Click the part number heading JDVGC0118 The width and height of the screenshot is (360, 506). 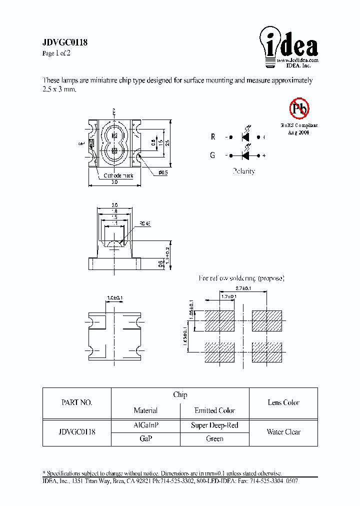(x=65, y=43)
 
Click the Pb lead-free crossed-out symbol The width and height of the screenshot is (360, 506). (x=299, y=107)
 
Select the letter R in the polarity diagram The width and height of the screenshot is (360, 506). (x=212, y=137)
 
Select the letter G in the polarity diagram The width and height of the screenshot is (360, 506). (x=212, y=155)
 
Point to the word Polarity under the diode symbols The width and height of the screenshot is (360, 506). (x=243, y=171)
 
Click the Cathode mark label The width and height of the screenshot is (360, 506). (x=118, y=176)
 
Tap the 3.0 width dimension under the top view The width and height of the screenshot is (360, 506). (x=114, y=183)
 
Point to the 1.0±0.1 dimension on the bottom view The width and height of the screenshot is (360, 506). (x=114, y=298)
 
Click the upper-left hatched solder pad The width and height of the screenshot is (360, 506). (x=219, y=320)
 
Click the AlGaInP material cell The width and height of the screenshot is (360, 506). (x=145, y=425)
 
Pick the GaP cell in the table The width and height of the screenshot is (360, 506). (x=145, y=438)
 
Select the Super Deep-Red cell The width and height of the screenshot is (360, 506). (x=214, y=425)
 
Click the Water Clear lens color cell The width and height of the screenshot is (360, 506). (x=283, y=432)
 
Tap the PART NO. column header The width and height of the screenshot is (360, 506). (x=76, y=402)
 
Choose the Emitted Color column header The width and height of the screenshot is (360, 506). (x=214, y=410)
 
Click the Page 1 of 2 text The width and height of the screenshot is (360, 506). (x=56, y=53)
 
